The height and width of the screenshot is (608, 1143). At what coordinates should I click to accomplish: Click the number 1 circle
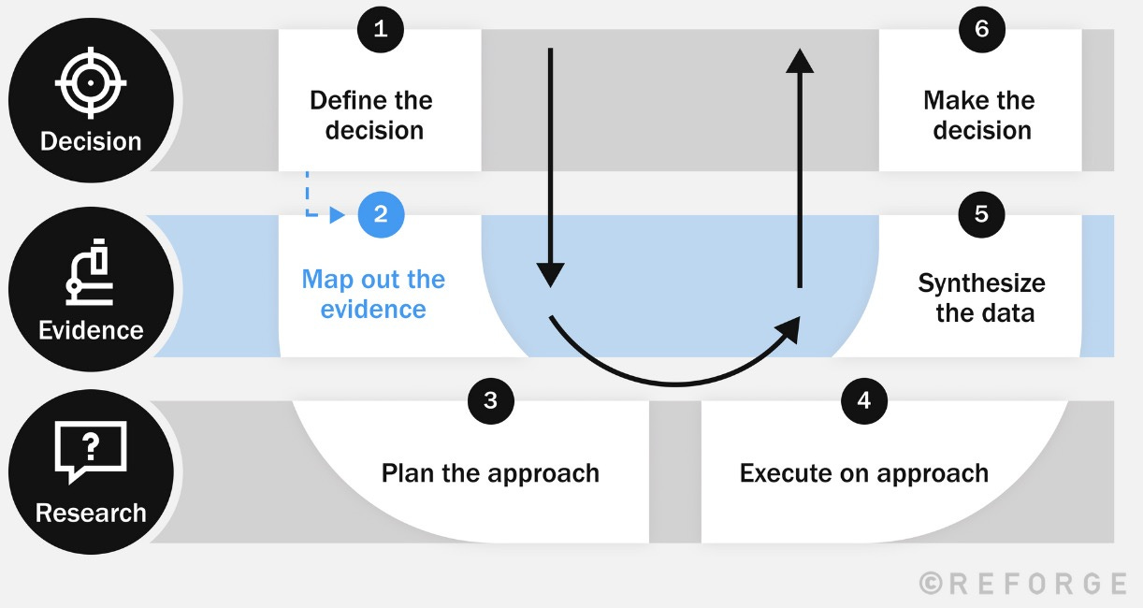point(380,28)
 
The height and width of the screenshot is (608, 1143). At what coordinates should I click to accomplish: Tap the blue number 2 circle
point(381,214)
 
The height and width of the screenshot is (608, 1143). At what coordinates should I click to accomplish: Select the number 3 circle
point(490,400)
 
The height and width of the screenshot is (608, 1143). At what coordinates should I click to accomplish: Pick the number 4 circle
point(863,400)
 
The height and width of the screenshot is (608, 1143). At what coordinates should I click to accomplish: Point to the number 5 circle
point(981,214)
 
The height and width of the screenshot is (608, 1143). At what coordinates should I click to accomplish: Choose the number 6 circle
point(981,28)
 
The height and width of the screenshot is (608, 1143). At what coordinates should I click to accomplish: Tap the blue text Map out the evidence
point(373,294)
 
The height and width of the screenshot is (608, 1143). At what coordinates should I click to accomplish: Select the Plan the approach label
point(490,472)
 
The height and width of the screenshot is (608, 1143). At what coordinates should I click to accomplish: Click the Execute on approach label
point(863,472)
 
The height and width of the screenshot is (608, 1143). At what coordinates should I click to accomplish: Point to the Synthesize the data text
point(982,297)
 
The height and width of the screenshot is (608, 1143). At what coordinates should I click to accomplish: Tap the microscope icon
point(91,275)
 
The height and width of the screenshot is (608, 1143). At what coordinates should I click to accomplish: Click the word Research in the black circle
point(91,513)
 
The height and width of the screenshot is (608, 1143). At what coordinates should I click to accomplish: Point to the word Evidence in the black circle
point(91,329)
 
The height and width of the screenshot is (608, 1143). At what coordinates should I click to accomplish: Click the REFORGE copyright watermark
point(1022,584)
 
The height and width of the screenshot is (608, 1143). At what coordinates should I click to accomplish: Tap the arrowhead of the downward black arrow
point(551,274)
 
